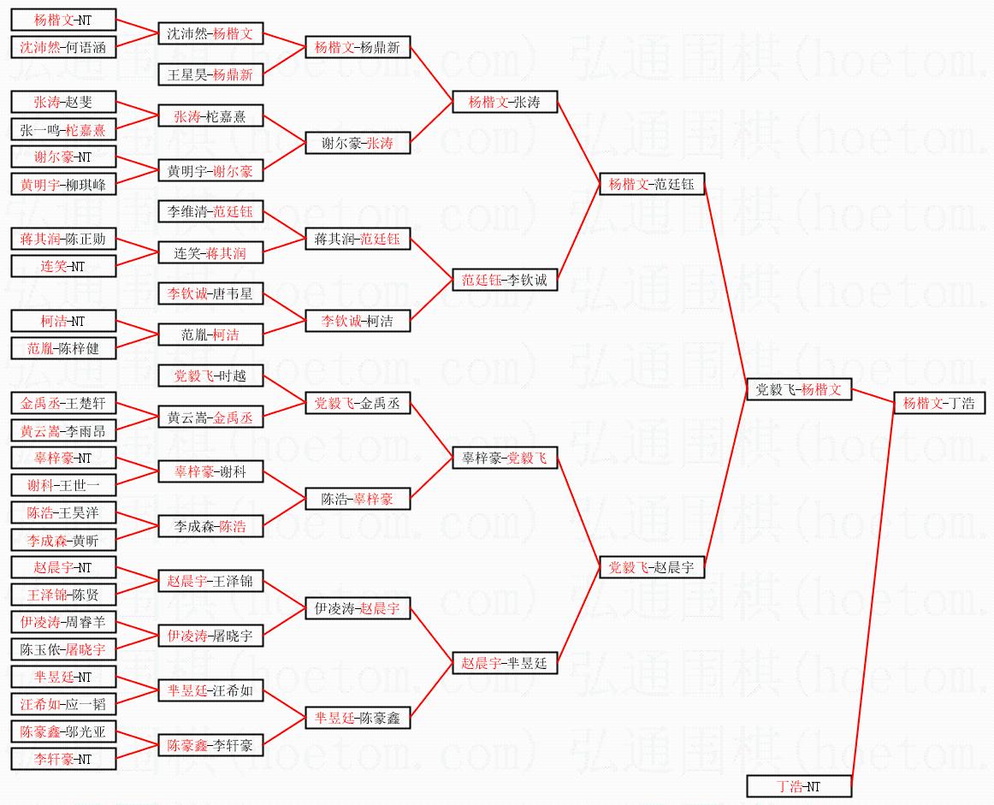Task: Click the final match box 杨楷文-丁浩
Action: click(x=938, y=404)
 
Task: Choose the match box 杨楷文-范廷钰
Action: click(x=652, y=184)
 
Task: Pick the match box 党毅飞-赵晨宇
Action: click(x=652, y=567)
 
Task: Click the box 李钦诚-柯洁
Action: click(x=358, y=322)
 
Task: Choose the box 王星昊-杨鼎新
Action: click(x=210, y=75)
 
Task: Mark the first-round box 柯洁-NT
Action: click(x=63, y=322)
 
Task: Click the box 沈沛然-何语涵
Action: click(x=63, y=48)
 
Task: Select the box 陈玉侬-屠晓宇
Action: click(x=63, y=649)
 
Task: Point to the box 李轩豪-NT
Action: click(x=63, y=759)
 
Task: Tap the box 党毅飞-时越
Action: click(x=210, y=376)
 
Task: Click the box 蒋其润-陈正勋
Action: click(x=63, y=240)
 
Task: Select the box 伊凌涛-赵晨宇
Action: click(x=358, y=609)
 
